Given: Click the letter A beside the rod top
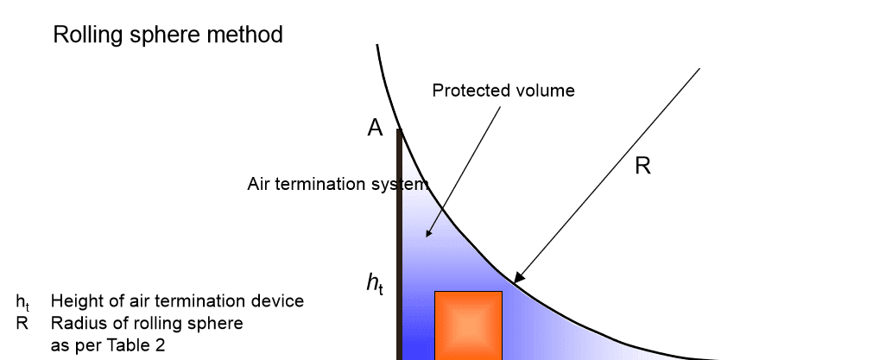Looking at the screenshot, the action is [x=375, y=129].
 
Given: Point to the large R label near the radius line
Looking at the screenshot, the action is [x=642, y=166].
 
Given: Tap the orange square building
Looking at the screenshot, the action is [x=468, y=325].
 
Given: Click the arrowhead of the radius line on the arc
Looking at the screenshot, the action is [x=518, y=278].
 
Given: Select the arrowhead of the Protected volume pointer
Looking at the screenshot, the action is [x=429, y=231].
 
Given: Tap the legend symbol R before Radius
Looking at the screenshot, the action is [x=22, y=323].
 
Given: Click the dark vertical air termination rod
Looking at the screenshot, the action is [x=399, y=244].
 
